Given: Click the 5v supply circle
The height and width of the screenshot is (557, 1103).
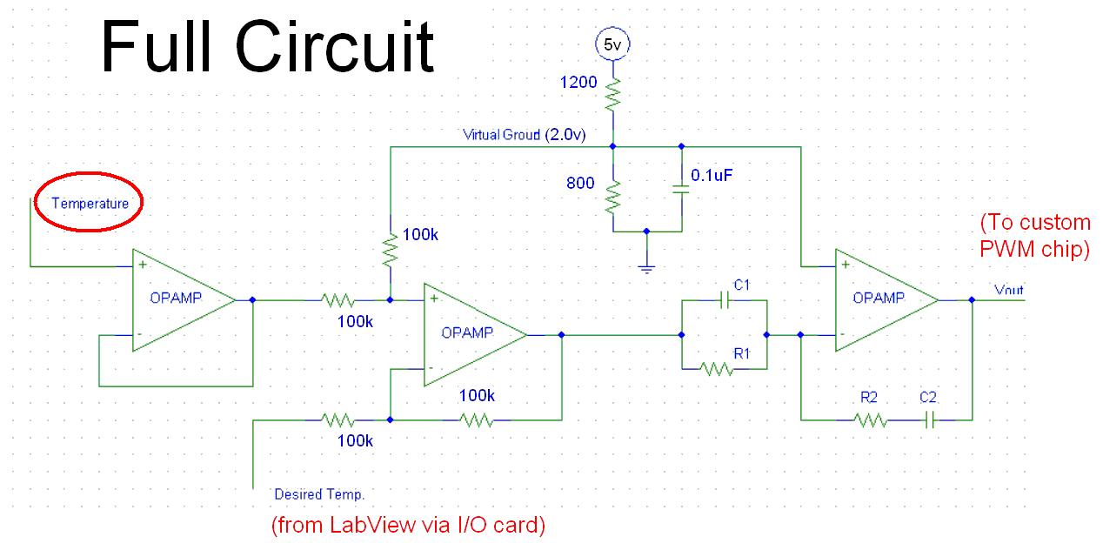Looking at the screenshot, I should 613,44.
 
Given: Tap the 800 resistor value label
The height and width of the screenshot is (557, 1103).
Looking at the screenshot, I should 581,184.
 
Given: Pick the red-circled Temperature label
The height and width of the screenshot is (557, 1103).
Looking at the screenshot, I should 90,204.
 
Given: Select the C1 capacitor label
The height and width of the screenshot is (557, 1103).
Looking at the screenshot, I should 741,284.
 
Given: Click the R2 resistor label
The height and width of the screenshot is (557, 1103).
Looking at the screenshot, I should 869,398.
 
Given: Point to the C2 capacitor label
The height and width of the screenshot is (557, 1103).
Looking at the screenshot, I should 929,398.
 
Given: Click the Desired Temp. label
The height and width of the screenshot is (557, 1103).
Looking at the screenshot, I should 319,494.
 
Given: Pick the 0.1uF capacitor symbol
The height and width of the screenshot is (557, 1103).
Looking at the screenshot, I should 681,191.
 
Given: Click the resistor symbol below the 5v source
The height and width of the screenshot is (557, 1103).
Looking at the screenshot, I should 613,91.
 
